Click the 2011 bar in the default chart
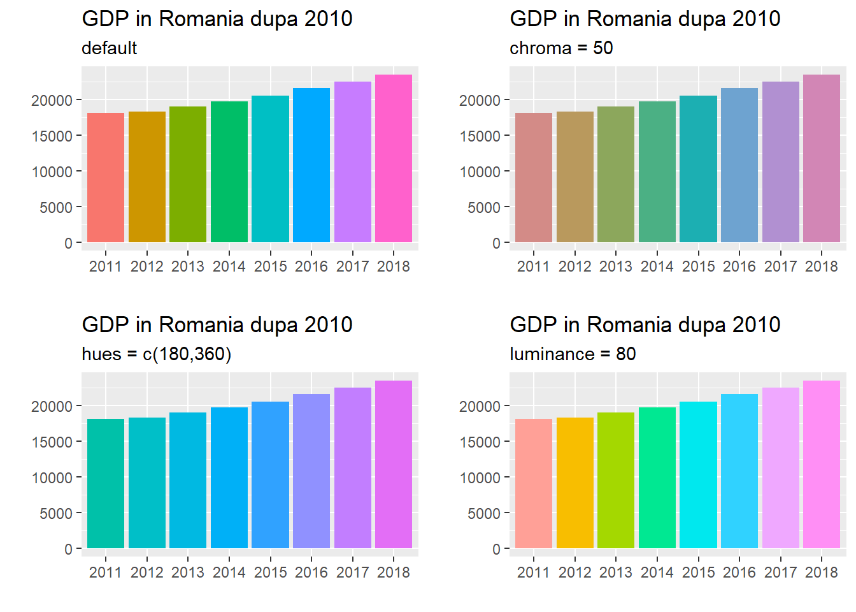(x=106, y=178)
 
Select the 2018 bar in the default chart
(x=394, y=159)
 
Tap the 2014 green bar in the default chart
(x=229, y=172)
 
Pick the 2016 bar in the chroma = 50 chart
(x=739, y=165)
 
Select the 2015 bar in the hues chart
(x=270, y=475)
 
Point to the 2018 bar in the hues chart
(x=394, y=465)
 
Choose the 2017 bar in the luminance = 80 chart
(x=781, y=468)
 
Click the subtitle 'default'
(x=110, y=48)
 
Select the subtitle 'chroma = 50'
(x=561, y=48)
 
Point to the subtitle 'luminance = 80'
(x=573, y=354)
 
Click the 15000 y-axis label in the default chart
(x=52, y=136)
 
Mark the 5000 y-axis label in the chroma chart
(x=484, y=208)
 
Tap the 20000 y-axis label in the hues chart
(x=52, y=407)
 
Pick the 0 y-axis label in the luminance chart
(x=496, y=550)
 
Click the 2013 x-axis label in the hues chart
(x=188, y=572)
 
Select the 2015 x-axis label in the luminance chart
(x=699, y=572)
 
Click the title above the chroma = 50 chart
(x=645, y=19)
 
